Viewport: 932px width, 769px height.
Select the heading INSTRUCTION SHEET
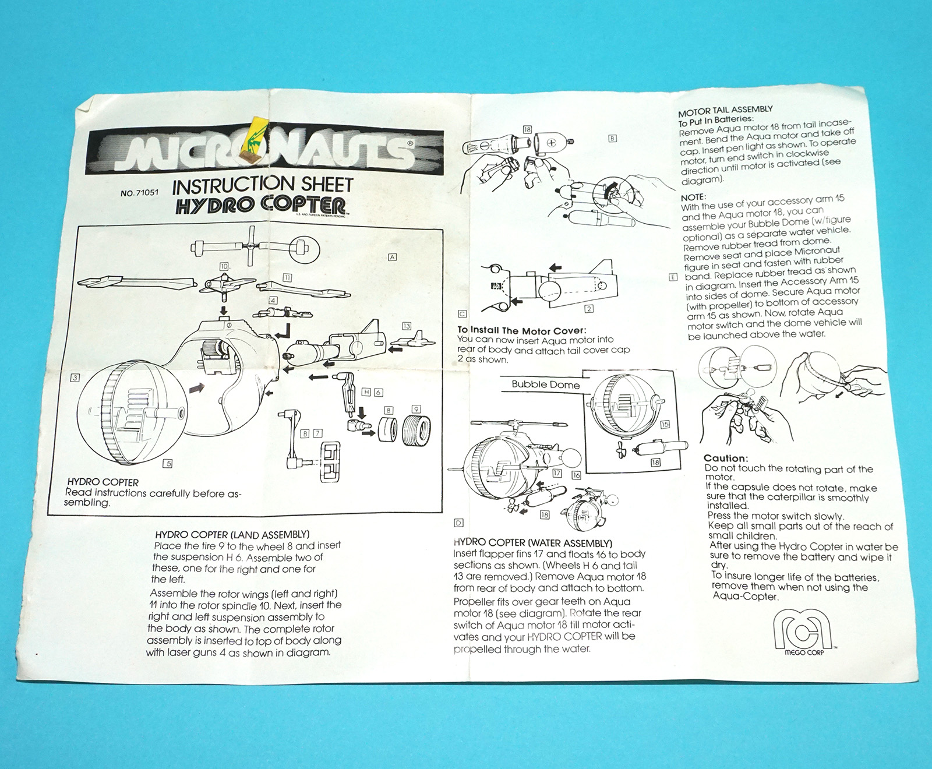(x=263, y=185)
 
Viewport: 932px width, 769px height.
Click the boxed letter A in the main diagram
(x=393, y=257)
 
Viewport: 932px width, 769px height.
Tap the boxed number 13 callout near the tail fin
(x=406, y=326)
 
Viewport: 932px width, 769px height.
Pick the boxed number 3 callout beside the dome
(x=75, y=378)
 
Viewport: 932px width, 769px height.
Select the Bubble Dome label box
(x=545, y=384)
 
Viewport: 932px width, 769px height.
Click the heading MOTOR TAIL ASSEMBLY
(x=725, y=110)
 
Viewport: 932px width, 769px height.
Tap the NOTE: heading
(x=693, y=197)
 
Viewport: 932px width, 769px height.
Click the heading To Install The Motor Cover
(x=521, y=330)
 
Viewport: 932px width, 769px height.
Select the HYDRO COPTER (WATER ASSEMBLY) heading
(x=532, y=543)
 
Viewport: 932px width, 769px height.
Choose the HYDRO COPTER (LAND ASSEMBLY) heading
(x=232, y=534)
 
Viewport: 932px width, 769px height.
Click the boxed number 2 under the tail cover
(x=589, y=309)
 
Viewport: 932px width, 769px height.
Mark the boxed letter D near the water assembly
(x=459, y=523)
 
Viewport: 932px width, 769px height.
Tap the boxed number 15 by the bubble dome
(x=665, y=424)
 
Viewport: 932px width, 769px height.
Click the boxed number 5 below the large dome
(x=168, y=464)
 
